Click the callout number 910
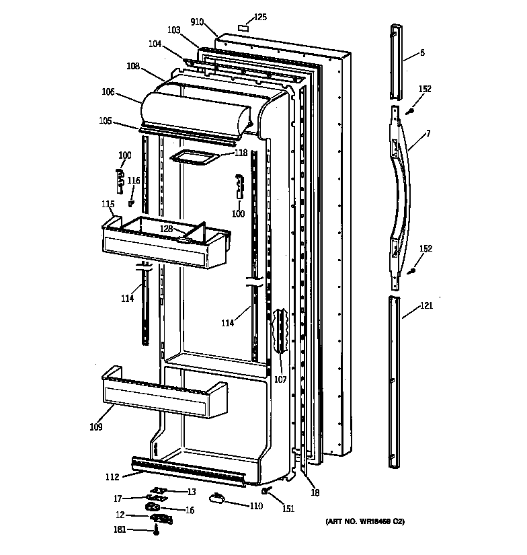click(x=197, y=22)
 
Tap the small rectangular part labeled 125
click(x=244, y=29)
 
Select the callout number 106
click(x=108, y=92)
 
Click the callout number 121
click(x=426, y=306)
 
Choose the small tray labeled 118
click(x=195, y=157)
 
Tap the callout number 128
click(x=167, y=229)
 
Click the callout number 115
click(x=108, y=203)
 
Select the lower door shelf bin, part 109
click(x=165, y=398)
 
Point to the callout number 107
click(x=280, y=379)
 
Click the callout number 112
click(x=112, y=477)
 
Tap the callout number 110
click(x=256, y=506)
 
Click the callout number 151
click(x=288, y=509)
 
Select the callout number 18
click(x=315, y=492)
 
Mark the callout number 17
click(x=117, y=498)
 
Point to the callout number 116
click(x=134, y=180)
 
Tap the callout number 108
click(x=132, y=66)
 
